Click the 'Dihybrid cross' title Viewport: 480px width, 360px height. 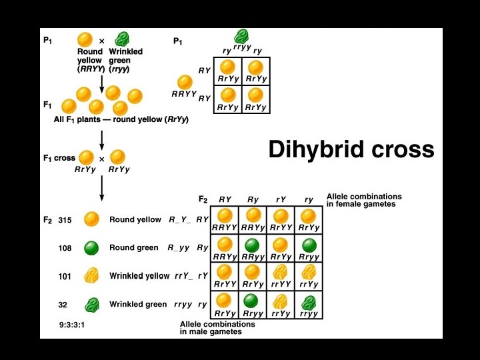click(351, 149)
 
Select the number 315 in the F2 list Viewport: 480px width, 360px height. click(65, 220)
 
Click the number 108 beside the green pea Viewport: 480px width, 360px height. click(65, 248)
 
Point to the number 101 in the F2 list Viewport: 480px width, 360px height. click(65, 276)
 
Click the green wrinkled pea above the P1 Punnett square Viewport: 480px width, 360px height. click(240, 36)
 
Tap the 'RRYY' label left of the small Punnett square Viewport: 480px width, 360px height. click(185, 94)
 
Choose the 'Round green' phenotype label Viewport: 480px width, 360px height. click(134, 248)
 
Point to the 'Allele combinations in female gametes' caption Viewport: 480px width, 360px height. click(364, 200)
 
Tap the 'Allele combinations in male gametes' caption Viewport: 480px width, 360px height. click(218, 327)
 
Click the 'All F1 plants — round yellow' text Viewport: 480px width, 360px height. click(121, 119)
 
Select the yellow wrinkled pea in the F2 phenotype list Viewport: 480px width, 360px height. click(93, 276)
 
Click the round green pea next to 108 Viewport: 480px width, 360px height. click(93, 248)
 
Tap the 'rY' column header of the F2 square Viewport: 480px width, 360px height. click(281, 199)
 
